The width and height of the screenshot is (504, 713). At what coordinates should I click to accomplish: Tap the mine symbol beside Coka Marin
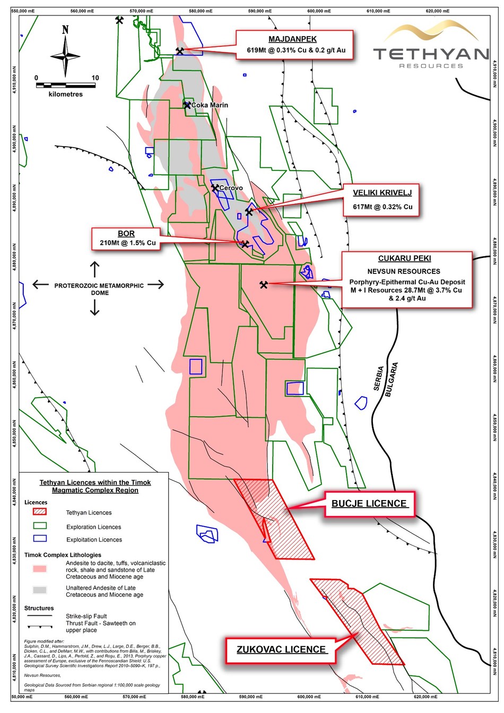pyautogui.click(x=187, y=105)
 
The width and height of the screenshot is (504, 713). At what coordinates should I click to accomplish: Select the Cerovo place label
pyautogui.click(x=231, y=188)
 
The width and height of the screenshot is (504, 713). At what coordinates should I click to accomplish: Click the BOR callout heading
pyautogui.click(x=126, y=234)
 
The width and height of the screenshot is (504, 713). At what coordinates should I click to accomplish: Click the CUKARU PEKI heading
pyautogui.click(x=404, y=259)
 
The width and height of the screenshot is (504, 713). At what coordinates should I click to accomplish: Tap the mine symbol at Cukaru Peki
pyautogui.click(x=264, y=285)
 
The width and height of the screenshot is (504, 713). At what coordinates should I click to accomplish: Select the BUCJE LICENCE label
pyautogui.click(x=369, y=503)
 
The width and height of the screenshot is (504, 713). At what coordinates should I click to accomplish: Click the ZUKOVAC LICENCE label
pyautogui.click(x=282, y=649)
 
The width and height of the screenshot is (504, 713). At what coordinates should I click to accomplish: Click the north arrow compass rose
pyautogui.click(x=65, y=55)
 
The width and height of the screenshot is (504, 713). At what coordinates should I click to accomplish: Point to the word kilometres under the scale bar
pyautogui.click(x=66, y=94)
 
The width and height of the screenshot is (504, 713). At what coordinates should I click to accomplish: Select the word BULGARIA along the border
pyautogui.click(x=391, y=380)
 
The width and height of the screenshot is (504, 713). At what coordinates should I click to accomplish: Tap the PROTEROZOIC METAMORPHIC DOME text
pyautogui.click(x=99, y=289)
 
